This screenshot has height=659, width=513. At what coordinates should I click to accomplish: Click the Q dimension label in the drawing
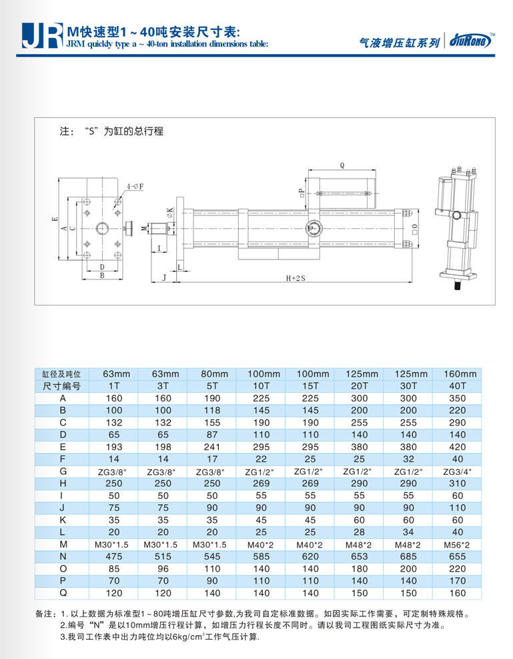(x=342, y=163)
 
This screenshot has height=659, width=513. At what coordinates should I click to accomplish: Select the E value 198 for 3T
(x=163, y=446)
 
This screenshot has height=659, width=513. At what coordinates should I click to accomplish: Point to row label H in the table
(x=61, y=483)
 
